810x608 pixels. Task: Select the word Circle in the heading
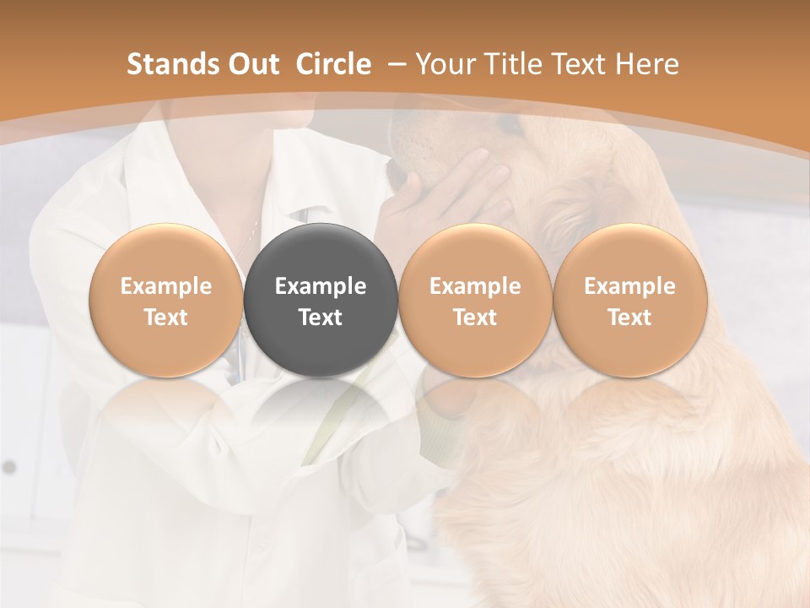[x=333, y=64]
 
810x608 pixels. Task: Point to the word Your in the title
[x=445, y=64]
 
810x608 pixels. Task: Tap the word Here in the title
[x=649, y=64]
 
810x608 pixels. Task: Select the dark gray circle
[x=320, y=301]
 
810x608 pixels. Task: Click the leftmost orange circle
[x=165, y=301]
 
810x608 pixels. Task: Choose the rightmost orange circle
[x=629, y=301]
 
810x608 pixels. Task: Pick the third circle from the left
[x=475, y=301]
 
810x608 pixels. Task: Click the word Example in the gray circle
[x=321, y=286]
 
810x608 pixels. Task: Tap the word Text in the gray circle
[x=321, y=318]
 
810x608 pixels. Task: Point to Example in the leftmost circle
[x=165, y=286]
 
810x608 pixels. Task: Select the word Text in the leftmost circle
[x=165, y=318]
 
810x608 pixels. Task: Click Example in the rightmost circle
[x=629, y=286]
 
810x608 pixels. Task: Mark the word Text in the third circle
[x=475, y=318]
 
